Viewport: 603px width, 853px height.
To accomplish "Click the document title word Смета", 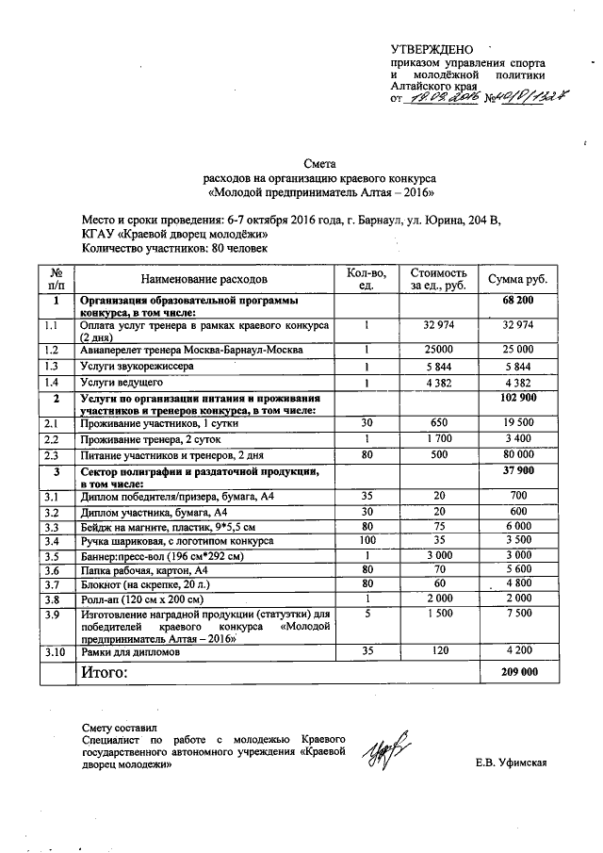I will tap(319, 163).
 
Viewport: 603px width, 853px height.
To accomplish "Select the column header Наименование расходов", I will tap(204, 280).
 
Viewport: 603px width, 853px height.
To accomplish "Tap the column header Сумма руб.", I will tap(517, 280).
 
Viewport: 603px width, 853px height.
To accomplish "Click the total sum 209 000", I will tap(518, 673).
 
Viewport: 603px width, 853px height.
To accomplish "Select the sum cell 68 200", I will tap(518, 301).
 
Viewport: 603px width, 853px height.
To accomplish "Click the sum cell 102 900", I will tap(518, 399).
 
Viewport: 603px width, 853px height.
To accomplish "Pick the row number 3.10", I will tap(57, 649).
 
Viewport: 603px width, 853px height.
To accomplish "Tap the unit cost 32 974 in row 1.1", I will tap(439, 325).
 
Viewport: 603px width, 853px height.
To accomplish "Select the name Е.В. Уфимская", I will tap(512, 764).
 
